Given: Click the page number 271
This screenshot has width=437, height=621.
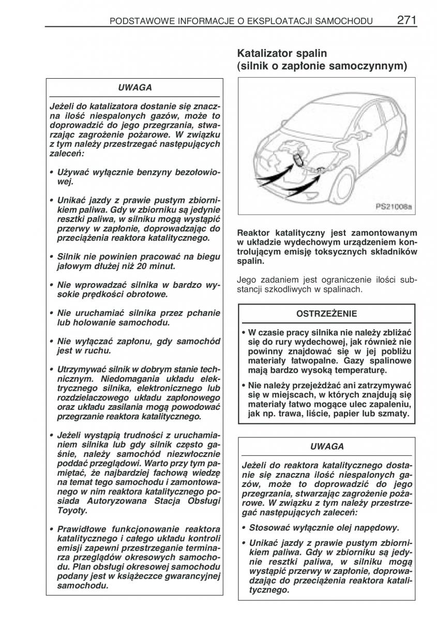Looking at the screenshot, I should pyautogui.click(x=408, y=20).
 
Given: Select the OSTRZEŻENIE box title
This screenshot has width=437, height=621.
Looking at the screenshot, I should pyautogui.click(x=326, y=314).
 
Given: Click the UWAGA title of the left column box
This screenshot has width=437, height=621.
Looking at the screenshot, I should pyautogui.click(x=134, y=88).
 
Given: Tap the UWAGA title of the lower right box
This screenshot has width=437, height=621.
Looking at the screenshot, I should pyautogui.click(x=327, y=446).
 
